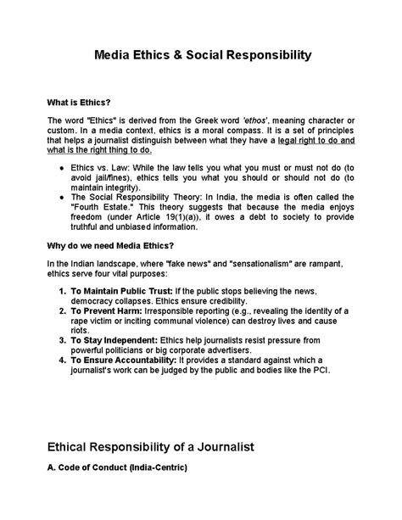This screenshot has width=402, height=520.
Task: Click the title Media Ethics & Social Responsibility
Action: tap(200, 56)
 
